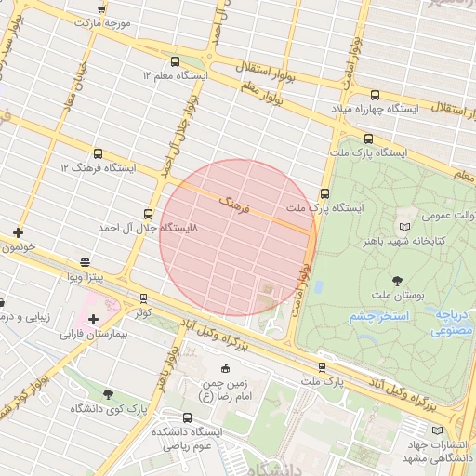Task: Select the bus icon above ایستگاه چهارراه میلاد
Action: pyautogui.click(x=375, y=95)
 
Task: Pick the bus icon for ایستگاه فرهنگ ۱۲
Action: pyautogui.click(x=99, y=153)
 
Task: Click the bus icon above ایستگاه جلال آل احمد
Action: pyautogui.click(x=149, y=213)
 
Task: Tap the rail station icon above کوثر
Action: pyautogui.click(x=142, y=298)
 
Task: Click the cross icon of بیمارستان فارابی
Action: pyautogui.click(x=93, y=319)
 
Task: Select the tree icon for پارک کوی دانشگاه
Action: pyautogui.click(x=109, y=394)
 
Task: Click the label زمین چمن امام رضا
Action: pyautogui.click(x=226, y=389)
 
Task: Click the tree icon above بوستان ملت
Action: pyautogui.click(x=397, y=279)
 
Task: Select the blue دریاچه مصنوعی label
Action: pyautogui.click(x=453, y=323)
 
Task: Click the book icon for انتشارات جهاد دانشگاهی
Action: pyautogui.click(x=438, y=430)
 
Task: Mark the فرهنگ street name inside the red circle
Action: pyautogui.click(x=233, y=205)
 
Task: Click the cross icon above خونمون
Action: pyautogui.click(x=18, y=232)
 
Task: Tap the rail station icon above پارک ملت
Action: pyautogui.click(x=322, y=367)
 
